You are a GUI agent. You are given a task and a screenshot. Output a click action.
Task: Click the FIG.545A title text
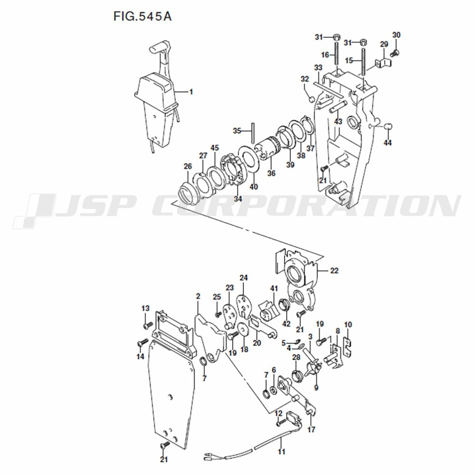(142, 16)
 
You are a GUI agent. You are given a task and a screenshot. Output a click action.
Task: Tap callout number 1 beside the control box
(191, 92)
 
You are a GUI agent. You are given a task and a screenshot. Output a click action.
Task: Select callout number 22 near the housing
(334, 270)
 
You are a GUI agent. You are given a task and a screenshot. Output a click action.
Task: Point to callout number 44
(388, 142)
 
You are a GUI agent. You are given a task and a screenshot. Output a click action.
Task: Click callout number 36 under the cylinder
(271, 173)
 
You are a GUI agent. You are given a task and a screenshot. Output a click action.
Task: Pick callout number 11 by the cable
(281, 452)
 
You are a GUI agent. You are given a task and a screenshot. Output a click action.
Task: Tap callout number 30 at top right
(396, 35)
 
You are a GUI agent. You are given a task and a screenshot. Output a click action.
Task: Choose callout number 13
(145, 308)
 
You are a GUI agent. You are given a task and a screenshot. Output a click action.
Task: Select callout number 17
(311, 429)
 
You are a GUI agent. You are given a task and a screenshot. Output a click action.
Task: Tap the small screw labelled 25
(217, 315)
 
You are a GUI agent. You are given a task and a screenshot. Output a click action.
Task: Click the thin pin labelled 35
(253, 133)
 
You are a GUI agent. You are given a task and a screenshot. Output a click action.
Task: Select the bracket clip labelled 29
(383, 63)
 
